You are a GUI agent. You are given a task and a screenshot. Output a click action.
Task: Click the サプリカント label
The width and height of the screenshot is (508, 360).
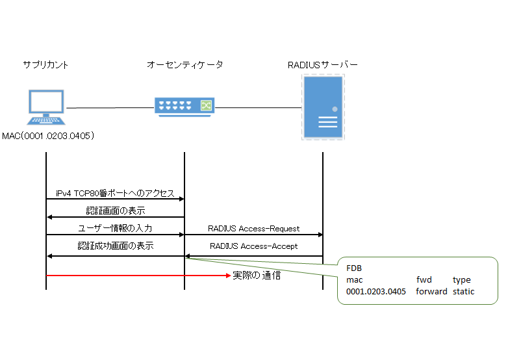click(x=45, y=65)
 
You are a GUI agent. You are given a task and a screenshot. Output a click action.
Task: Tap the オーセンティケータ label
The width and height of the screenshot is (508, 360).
click(x=184, y=65)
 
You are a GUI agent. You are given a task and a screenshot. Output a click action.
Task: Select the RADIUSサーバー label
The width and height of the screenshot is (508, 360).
click(x=322, y=65)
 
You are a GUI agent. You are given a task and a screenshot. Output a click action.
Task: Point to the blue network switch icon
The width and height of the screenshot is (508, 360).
click(x=184, y=105)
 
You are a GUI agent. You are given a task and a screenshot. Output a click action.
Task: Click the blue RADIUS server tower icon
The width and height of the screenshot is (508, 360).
click(x=323, y=107)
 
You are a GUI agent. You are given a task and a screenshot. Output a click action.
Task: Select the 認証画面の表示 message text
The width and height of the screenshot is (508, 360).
click(x=115, y=211)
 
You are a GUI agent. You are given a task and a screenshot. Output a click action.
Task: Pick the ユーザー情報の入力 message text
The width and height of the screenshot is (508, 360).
click(x=115, y=228)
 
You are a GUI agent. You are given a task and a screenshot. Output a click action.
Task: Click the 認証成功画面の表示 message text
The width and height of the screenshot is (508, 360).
click(x=115, y=246)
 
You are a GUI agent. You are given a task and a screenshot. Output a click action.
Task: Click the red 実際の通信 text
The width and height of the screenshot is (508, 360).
click(x=257, y=276)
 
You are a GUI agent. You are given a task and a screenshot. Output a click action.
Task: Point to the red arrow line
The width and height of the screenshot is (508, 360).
click(x=136, y=276)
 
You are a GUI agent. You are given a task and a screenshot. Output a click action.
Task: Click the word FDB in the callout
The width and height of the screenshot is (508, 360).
click(x=355, y=268)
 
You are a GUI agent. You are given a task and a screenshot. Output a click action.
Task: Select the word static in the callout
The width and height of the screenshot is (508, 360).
click(x=463, y=291)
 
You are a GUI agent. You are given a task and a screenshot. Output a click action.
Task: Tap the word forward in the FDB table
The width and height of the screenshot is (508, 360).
click(x=431, y=291)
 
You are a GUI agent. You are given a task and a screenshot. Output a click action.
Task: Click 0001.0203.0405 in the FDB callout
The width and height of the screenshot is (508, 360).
click(x=376, y=291)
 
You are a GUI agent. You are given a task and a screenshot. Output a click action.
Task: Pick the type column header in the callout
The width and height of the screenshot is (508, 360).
click(x=461, y=279)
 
